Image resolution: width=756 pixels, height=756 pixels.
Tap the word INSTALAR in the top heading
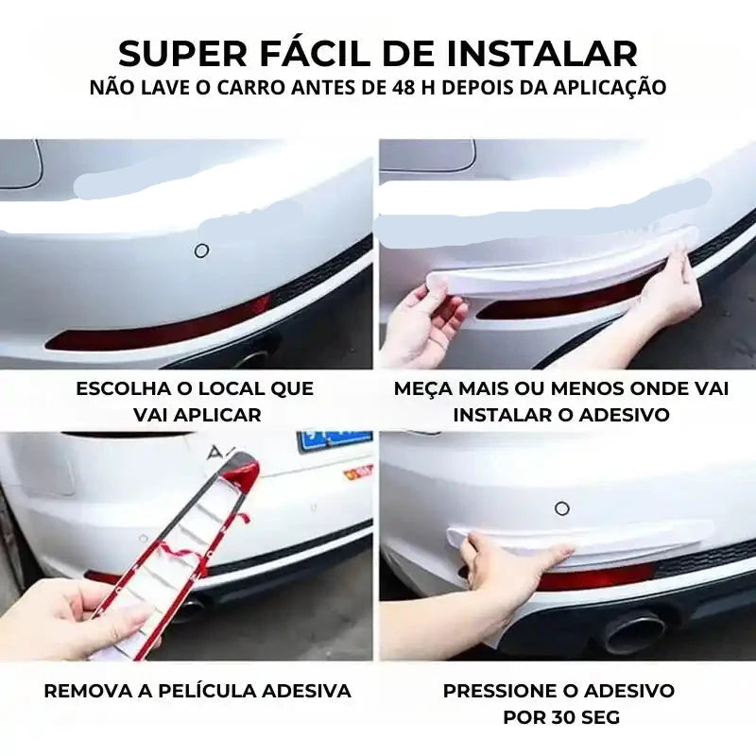point(542,53)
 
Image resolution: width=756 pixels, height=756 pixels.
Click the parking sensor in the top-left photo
point(201,250)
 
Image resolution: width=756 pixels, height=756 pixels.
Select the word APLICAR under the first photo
point(221,415)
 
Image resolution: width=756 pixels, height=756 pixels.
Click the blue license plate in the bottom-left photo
point(335,441)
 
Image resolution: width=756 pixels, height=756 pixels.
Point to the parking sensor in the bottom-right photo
point(562,508)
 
